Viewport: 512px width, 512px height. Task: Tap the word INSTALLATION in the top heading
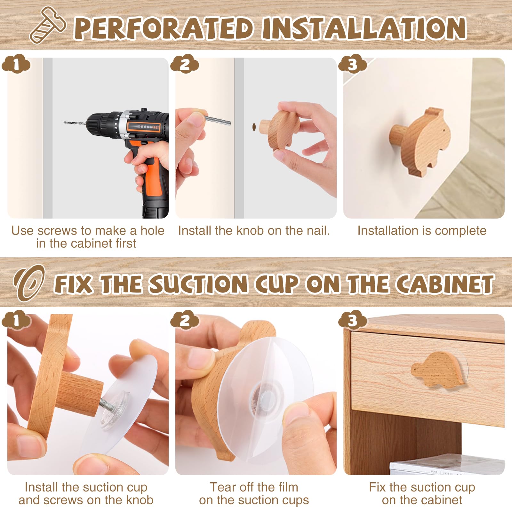364,28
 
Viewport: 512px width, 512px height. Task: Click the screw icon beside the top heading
48,25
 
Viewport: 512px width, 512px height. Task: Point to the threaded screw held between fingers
218,121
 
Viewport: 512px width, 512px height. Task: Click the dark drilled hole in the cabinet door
254,127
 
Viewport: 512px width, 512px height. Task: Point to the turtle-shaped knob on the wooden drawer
438,369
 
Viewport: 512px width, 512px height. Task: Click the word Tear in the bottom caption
222,487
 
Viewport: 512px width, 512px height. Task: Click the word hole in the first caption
152,230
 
